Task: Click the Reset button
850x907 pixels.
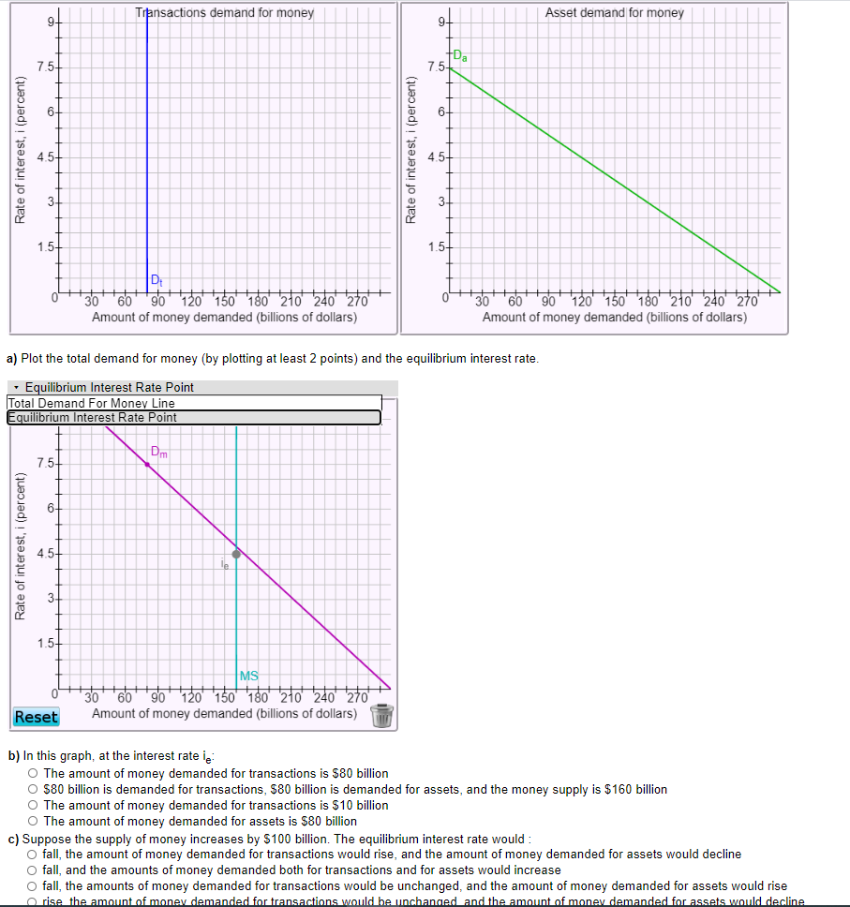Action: click(x=36, y=717)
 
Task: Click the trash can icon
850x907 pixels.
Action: click(x=381, y=716)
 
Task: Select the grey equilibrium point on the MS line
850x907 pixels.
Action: click(x=236, y=554)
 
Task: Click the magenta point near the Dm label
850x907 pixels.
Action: click(x=147, y=464)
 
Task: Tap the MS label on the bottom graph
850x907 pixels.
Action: click(x=249, y=676)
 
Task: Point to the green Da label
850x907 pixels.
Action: click(x=460, y=57)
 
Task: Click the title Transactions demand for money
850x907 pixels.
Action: click(x=224, y=13)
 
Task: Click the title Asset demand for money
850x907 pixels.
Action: click(x=615, y=13)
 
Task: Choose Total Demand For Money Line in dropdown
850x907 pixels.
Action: click(x=91, y=403)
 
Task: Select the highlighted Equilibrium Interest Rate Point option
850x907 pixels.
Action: click(x=92, y=417)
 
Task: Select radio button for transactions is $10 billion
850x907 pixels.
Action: click(x=33, y=805)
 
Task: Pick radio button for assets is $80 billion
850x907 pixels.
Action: click(x=33, y=821)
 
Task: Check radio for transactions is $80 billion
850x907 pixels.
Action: click(x=33, y=773)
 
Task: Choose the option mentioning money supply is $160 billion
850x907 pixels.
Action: click(x=33, y=789)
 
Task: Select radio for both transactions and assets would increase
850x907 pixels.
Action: click(x=33, y=870)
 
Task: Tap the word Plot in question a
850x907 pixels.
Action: click(x=46, y=358)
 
